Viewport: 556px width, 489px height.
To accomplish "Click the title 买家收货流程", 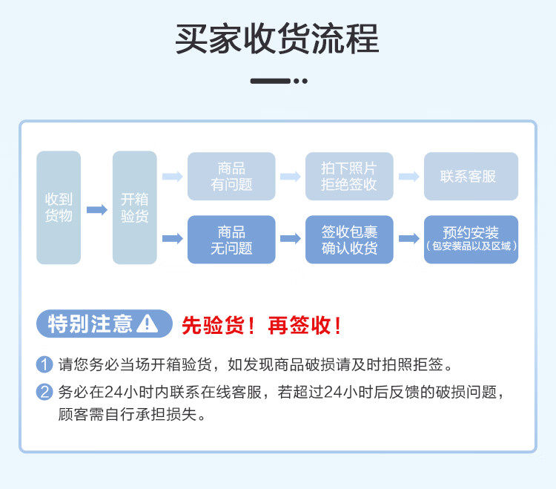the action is click(277, 39).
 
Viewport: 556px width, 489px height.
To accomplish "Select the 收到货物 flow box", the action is click(59, 208).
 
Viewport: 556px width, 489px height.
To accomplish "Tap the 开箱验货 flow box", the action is click(135, 208).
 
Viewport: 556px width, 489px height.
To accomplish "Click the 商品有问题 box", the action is click(231, 177).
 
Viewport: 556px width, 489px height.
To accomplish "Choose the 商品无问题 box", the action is click(231, 240).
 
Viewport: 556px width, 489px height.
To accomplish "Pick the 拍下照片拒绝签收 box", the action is click(349, 177).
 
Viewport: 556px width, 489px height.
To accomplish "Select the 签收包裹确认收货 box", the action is click(349, 240).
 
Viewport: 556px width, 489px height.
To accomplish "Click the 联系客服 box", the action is click(471, 177).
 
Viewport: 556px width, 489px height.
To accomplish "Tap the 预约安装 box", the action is click(471, 240).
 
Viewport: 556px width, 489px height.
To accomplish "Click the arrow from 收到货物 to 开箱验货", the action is click(97, 210).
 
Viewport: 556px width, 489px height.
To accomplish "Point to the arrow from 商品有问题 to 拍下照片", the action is click(291, 177).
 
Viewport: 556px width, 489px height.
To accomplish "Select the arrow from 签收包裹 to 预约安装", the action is click(408, 238).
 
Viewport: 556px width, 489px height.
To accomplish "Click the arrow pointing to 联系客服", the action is click(408, 177).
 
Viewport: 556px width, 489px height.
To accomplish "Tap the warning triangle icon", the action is click(148, 324).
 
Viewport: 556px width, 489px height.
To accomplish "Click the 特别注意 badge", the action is click(105, 324).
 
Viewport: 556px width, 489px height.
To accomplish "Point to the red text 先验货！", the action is click(219, 325).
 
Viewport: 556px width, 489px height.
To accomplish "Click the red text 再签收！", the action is click(305, 325).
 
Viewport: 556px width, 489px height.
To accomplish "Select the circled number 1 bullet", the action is click(44, 364).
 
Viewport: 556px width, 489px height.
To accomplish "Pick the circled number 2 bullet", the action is click(44, 392).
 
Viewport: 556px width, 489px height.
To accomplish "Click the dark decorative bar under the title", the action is click(271, 81).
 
